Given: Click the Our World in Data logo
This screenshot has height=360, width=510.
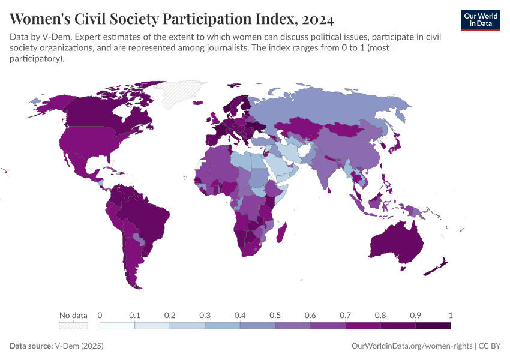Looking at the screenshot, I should (480, 19).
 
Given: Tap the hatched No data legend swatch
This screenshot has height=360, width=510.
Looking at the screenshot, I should (73, 325).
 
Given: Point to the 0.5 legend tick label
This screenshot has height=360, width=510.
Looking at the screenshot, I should (275, 315).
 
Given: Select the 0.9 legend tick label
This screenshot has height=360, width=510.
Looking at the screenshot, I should (415, 315).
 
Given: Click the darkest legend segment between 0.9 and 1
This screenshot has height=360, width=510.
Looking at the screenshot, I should (433, 325).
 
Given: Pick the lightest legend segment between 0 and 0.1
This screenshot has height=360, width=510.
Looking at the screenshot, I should (117, 325).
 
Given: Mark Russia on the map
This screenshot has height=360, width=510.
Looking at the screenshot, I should (336, 108).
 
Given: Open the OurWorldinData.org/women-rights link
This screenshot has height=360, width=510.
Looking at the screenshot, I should (410, 346).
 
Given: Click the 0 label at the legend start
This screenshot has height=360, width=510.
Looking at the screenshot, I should (100, 315).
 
